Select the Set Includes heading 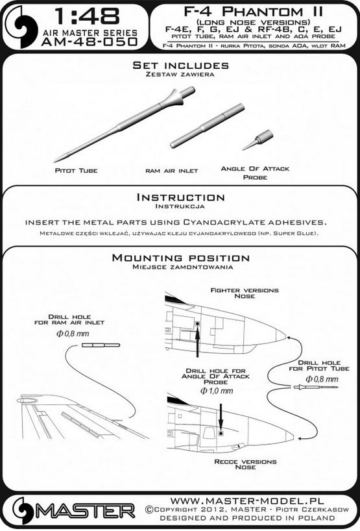tap(180, 66)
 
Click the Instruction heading tap(180, 197)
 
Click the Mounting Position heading tap(180, 258)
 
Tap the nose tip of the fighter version tap(283, 335)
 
